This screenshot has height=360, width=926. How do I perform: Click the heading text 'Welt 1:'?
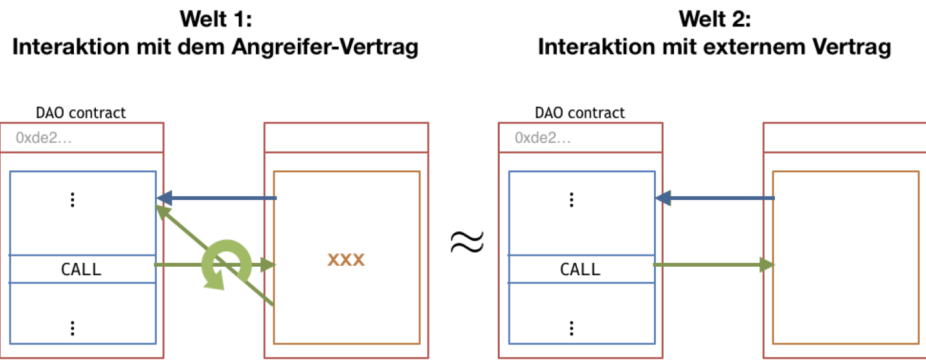click(x=216, y=19)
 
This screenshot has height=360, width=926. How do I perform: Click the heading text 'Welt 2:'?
click(x=715, y=19)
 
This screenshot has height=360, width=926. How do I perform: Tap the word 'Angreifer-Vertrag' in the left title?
click(x=325, y=47)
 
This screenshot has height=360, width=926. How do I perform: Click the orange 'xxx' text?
click(x=346, y=260)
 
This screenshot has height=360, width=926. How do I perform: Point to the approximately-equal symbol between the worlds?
click(x=467, y=242)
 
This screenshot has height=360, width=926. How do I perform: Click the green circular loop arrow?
click(x=226, y=264)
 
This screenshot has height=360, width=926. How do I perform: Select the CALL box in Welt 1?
click(x=83, y=269)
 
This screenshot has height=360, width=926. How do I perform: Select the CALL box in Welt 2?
click(x=581, y=269)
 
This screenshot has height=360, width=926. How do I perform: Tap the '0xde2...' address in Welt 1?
click(x=44, y=138)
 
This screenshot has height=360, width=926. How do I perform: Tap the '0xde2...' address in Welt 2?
click(x=543, y=138)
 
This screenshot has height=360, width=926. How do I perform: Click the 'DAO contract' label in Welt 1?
click(x=80, y=113)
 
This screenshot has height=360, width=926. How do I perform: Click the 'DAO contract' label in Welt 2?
click(x=579, y=113)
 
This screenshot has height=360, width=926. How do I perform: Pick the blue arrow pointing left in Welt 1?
click(x=217, y=198)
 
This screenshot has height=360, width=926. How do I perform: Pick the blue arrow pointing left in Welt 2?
click(x=715, y=198)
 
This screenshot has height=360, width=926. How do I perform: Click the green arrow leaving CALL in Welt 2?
click(x=714, y=264)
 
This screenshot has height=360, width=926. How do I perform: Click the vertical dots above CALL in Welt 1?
click(x=73, y=200)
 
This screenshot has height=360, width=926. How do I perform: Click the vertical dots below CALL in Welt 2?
click(x=572, y=328)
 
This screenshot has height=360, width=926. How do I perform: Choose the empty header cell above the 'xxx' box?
click(x=347, y=138)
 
